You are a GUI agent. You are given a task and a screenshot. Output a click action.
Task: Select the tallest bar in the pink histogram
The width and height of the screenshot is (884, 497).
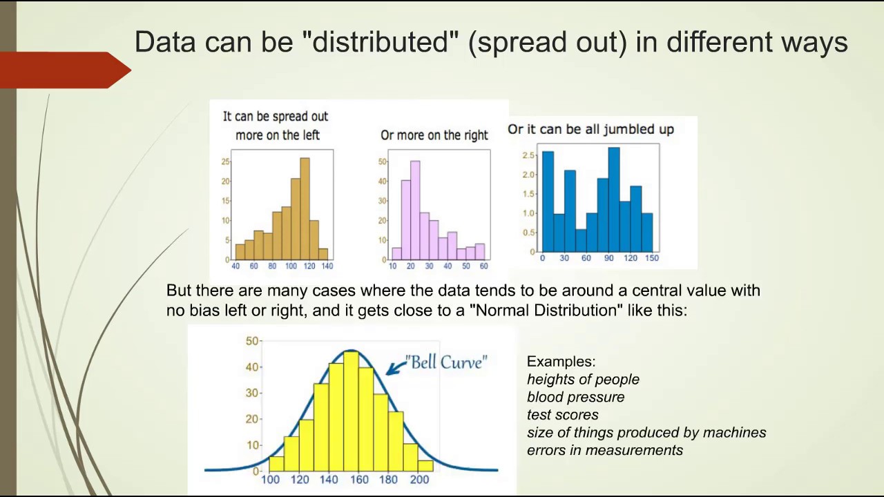[x=415, y=211]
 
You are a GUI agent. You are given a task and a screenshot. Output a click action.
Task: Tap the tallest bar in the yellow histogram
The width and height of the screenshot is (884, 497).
[x=351, y=410]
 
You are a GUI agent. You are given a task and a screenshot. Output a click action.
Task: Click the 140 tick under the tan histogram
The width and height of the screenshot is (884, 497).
[x=327, y=266]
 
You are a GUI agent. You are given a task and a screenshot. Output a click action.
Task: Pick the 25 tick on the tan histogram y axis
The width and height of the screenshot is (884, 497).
[x=225, y=162]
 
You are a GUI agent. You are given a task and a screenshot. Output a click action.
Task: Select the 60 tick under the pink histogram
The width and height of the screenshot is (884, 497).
[x=483, y=266]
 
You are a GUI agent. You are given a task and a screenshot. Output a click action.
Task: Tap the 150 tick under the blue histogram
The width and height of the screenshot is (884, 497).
[x=651, y=258]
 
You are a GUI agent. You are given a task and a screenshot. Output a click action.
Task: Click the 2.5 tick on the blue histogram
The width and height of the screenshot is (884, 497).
[x=528, y=155]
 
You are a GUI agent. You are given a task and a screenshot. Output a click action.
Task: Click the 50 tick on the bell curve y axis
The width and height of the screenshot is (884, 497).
[x=252, y=341]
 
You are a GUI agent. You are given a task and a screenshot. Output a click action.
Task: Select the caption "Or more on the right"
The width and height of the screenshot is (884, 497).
[x=434, y=135]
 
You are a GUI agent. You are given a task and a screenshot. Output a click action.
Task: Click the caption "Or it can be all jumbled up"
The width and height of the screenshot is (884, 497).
[x=590, y=129]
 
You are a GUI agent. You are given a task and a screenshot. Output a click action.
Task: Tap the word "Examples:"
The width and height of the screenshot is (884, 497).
[x=561, y=362]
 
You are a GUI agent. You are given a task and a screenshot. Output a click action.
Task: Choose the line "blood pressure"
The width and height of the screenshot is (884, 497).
[x=575, y=397]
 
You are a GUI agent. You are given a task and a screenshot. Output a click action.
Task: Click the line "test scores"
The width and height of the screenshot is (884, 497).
[x=562, y=415]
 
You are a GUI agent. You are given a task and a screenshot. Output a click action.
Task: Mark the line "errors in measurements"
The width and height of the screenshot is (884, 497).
[x=604, y=450]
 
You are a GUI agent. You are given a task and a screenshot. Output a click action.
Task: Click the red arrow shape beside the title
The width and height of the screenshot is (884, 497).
[x=66, y=70]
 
